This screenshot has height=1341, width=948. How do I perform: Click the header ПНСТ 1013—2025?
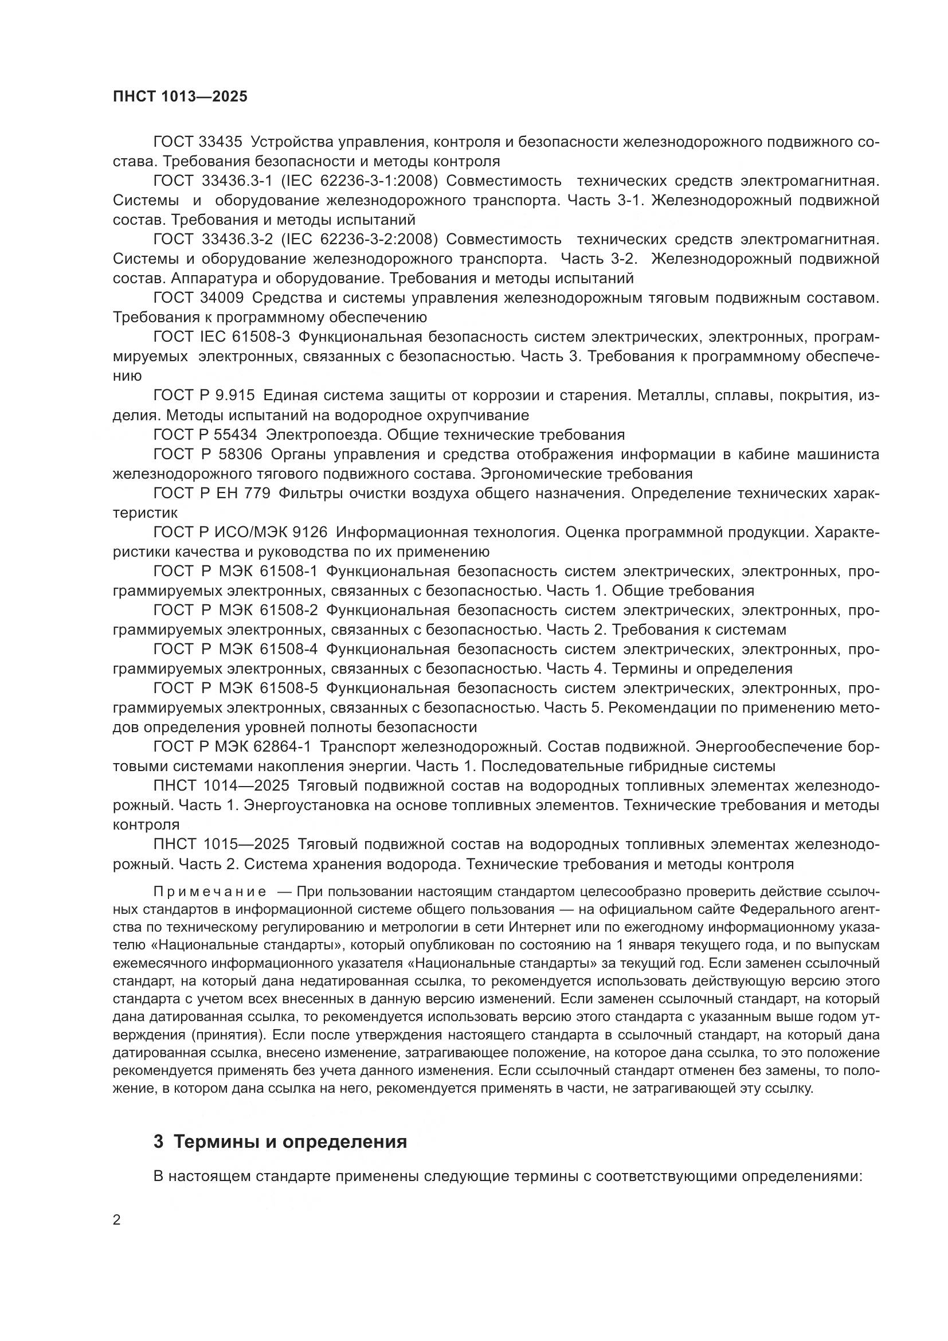180,97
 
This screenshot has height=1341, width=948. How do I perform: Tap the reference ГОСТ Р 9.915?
203,396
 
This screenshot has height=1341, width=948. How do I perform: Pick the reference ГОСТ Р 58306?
208,455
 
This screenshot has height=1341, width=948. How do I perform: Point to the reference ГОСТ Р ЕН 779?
211,494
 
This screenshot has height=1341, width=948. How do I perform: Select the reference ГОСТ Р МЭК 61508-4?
235,650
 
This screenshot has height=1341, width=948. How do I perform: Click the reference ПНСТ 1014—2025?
221,786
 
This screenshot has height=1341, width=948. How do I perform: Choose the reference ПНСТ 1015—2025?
221,845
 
